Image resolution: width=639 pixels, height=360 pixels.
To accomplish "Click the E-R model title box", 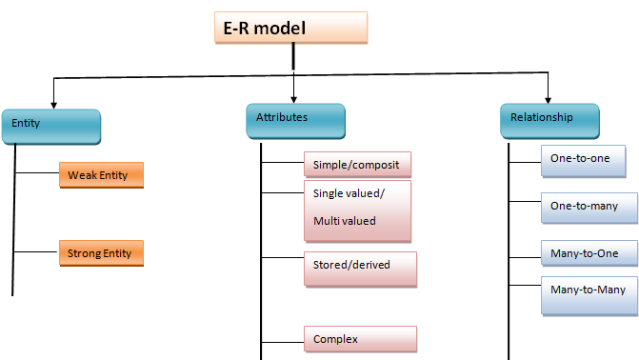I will [290, 28].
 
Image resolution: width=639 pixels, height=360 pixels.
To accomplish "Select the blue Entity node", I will [51, 125].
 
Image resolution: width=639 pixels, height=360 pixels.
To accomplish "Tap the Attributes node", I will [294, 120].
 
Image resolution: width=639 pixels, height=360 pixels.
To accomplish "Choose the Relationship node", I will [549, 119].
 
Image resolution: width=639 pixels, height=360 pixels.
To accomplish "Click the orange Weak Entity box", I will [99, 174].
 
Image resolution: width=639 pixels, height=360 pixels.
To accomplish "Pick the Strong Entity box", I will [99, 253].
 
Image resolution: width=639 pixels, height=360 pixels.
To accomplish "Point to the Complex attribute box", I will [360, 338].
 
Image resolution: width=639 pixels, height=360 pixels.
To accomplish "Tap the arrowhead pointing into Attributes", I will [293, 97].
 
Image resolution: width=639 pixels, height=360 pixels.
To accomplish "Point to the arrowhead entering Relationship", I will [549, 97].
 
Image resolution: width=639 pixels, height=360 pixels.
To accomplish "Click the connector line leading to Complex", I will [282, 338].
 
